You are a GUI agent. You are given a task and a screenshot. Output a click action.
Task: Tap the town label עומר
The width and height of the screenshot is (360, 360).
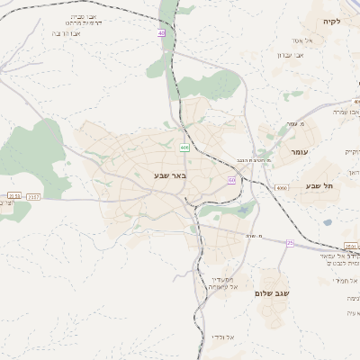pyautogui.click(x=299, y=152)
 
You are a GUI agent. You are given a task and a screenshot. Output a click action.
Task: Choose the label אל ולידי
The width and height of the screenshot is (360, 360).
pyautogui.click(x=222, y=337)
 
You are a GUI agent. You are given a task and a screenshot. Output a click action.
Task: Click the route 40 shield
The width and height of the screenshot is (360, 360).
pyautogui.click(x=161, y=33)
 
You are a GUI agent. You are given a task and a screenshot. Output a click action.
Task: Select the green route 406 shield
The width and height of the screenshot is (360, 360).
pyautogui.click(x=184, y=148)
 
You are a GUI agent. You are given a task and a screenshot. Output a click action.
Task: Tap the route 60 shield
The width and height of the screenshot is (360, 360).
pyautogui.click(x=231, y=180)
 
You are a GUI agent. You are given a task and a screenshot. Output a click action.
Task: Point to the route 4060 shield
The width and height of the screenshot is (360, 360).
pyautogui.click(x=282, y=188)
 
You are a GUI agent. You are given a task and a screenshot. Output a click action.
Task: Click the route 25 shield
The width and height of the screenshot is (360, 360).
pyautogui.click(x=290, y=242)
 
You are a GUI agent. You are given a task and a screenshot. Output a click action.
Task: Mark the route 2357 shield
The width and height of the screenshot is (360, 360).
pyautogui.click(x=34, y=195)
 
